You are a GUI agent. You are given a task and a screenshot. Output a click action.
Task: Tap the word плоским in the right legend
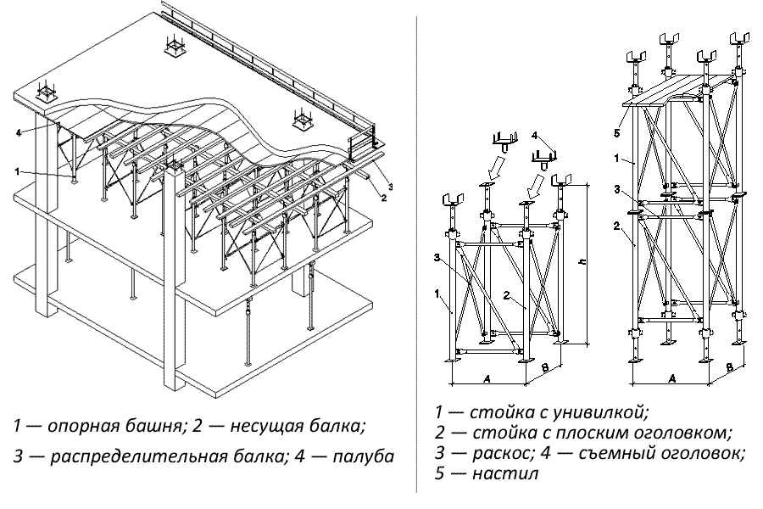click(584, 432)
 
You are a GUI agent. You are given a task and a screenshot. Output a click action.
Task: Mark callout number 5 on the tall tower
click(618, 132)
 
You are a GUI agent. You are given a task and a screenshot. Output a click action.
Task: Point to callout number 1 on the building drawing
click(17, 171)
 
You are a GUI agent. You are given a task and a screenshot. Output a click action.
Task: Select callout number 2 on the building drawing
click(383, 199)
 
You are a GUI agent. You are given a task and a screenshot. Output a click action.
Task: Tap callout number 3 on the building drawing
click(389, 184)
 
